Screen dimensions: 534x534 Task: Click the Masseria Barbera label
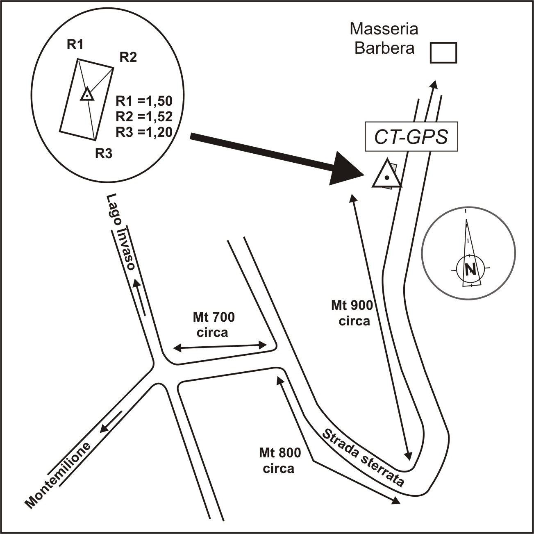click(384, 39)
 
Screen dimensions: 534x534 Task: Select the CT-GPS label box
click(411, 136)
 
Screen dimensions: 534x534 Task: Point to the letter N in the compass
click(470, 269)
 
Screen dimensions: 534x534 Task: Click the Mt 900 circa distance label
click(352, 312)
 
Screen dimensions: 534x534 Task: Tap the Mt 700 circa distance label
click(213, 324)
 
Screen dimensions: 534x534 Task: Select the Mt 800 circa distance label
click(279, 460)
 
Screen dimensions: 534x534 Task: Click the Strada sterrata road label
click(363, 457)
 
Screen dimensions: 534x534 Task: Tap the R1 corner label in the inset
click(75, 45)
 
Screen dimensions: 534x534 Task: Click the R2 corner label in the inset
click(128, 57)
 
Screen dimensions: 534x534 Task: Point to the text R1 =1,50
click(144, 101)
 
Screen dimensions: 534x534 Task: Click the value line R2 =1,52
click(144, 116)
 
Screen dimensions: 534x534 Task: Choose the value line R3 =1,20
click(144, 132)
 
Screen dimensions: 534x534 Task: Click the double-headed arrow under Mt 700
click(220, 347)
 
